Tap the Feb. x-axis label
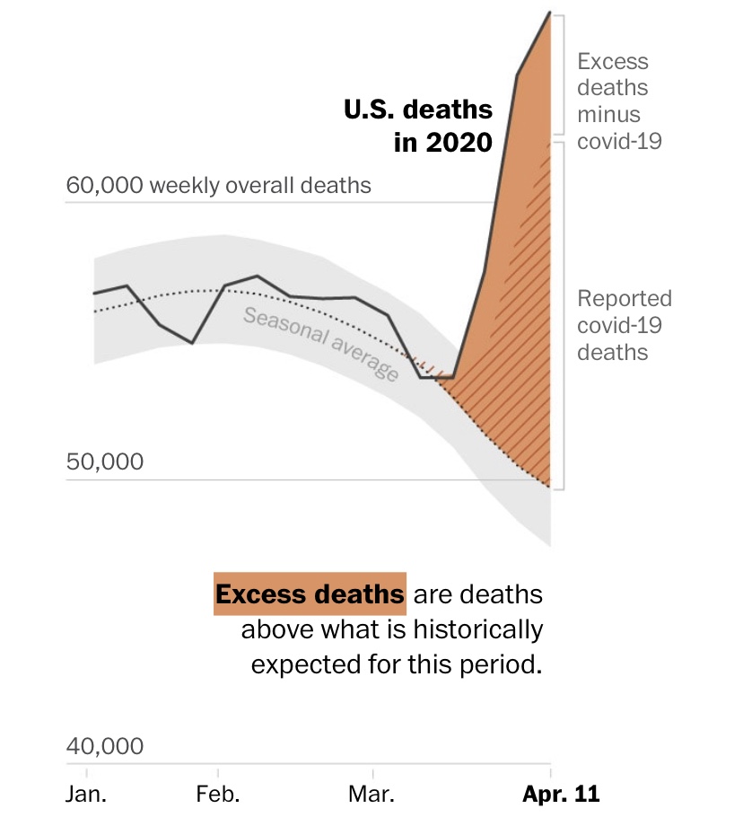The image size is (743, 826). point(217,794)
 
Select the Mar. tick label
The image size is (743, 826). point(372,794)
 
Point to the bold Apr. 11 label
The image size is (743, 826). point(561,794)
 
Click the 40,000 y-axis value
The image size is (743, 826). point(105,747)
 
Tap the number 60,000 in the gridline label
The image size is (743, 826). point(104,186)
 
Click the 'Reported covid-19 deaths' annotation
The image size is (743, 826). point(624,325)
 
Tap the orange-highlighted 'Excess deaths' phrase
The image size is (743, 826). point(310,594)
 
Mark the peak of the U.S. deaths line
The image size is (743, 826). point(549,13)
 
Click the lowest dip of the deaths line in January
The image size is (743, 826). point(192,343)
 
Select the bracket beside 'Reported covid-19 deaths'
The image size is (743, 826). point(561,314)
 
